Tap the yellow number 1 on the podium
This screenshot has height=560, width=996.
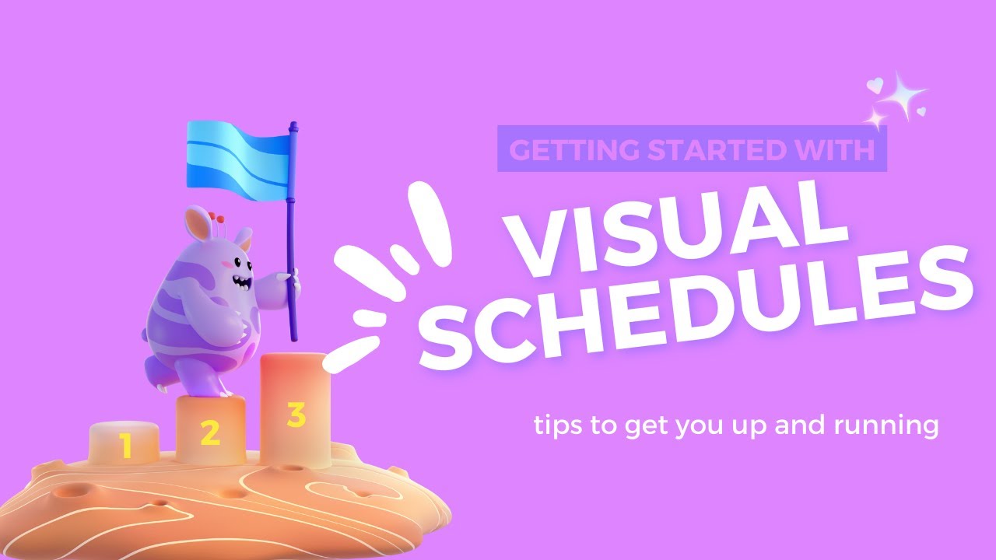tap(124, 446)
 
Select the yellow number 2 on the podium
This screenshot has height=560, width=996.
tap(209, 433)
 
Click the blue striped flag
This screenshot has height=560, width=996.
tap(237, 156)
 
